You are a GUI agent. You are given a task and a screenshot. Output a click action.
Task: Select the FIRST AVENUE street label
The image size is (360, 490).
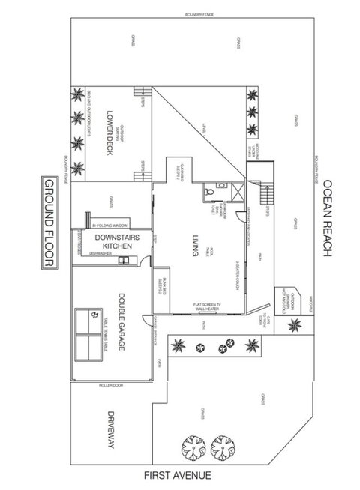coord(179,474)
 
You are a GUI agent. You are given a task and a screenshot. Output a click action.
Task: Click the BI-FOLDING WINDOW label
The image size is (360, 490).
coord(110,224)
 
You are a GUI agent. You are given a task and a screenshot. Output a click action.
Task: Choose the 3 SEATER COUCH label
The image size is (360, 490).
coord(237,273)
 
